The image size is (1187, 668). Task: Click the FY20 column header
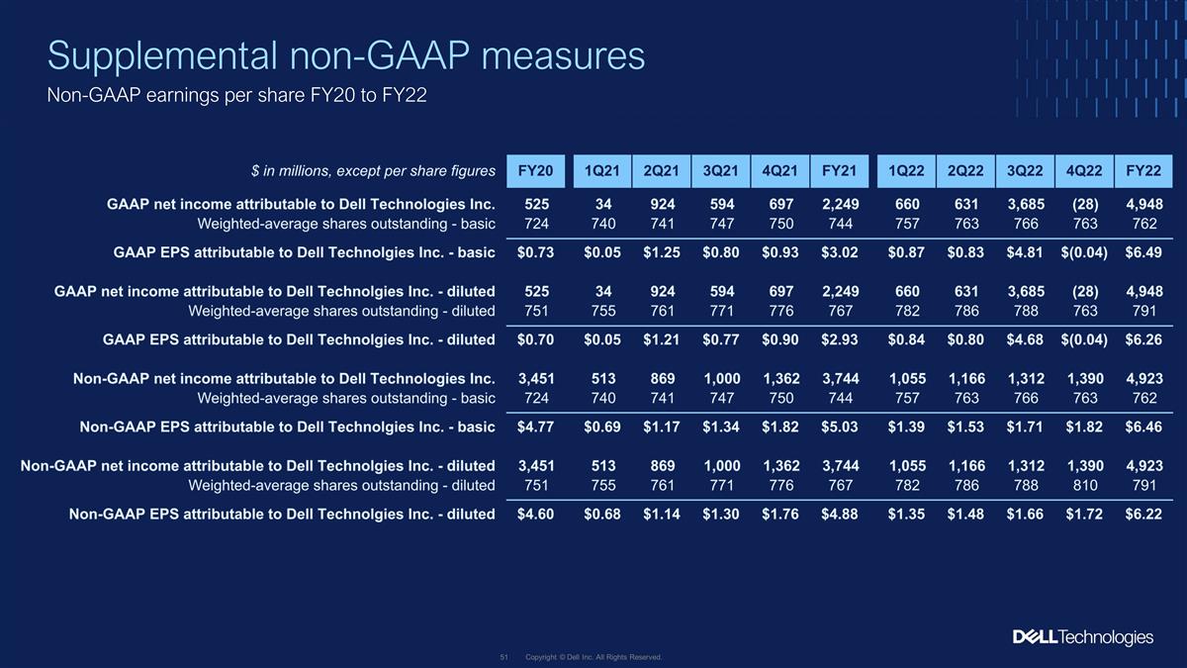[536, 170]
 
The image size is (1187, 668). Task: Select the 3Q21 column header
[721, 170]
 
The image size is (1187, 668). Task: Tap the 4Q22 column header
[1084, 170]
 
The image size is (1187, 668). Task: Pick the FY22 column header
[1143, 170]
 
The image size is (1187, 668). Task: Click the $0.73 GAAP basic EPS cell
[536, 252]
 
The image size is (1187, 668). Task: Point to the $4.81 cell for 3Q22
[1025, 252]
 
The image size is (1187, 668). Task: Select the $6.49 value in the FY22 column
[1143, 252]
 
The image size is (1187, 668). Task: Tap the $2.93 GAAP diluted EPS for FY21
[840, 339]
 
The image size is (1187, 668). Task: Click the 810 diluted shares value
[1085, 485]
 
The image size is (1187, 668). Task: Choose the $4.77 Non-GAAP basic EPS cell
[536, 427]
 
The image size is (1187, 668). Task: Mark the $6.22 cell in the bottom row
[1143, 514]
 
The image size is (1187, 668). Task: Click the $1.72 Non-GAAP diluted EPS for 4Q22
[1084, 514]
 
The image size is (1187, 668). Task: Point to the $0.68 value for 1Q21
[602, 514]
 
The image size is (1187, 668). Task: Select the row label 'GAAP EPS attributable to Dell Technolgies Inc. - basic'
[305, 252]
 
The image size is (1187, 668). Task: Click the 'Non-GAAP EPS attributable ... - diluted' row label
[282, 514]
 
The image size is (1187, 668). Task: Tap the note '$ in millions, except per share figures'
[373, 170]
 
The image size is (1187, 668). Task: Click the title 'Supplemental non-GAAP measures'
[346, 55]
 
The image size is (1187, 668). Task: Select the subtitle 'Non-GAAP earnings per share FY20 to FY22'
[236, 95]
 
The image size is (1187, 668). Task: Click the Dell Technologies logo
[1083, 637]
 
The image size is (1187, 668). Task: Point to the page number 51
[503, 657]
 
